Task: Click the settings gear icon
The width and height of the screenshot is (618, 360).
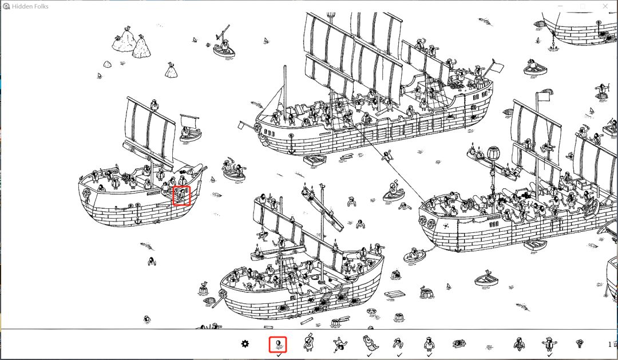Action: (x=245, y=344)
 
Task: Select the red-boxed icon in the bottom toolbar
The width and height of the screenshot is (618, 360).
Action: (x=278, y=344)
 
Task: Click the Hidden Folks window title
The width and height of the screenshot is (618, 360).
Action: (x=30, y=6)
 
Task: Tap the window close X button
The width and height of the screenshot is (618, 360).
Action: (x=605, y=6)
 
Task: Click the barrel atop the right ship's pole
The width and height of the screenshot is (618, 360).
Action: (x=493, y=153)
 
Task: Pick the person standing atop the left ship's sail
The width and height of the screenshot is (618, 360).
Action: (x=154, y=105)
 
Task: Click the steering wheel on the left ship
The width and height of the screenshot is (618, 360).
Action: (x=126, y=177)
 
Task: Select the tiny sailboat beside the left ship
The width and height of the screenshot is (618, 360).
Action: (x=190, y=128)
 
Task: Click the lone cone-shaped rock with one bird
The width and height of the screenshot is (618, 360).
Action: (x=171, y=70)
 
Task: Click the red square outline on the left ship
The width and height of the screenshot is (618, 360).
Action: (x=181, y=196)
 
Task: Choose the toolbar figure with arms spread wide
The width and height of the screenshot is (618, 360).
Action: (x=549, y=344)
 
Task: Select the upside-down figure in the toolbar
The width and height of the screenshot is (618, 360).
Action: (x=339, y=344)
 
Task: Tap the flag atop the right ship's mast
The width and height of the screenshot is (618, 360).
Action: (x=545, y=96)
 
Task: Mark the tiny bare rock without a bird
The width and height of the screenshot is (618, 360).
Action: (x=107, y=64)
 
